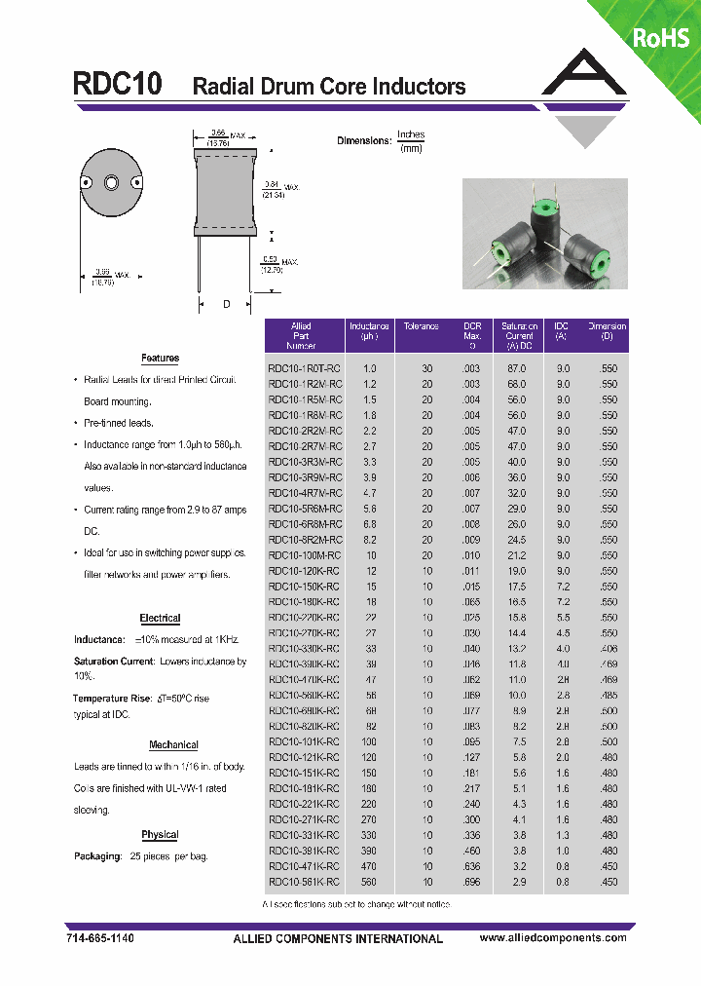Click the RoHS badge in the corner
pyautogui.click(x=661, y=38)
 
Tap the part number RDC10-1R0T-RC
pyautogui.click(x=304, y=368)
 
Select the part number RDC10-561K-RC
pyautogui.click(x=304, y=883)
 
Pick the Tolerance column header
pyautogui.click(x=422, y=326)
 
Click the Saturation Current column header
pyautogui.click(x=520, y=335)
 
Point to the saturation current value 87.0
pyautogui.click(x=516, y=368)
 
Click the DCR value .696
pyautogui.click(x=472, y=883)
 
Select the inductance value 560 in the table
pyautogui.click(x=369, y=883)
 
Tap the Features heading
pyautogui.click(x=160, y=358)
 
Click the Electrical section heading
pyautogui.click(x=160, y=618)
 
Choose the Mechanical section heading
pyautogui.click(x=174, y=744)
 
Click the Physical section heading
pyautogui.click(x=160, y=834)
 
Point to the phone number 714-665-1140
pyautogui.click(x=100, y=937)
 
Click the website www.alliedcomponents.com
pyautogui.click(x=553, y=937)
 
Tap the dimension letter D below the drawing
pyautogui.click(x=226, y=304)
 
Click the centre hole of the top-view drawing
pyautogui.click(x=111, y=183)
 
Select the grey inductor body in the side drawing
pyautogui.click(x=226, y=193)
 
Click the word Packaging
pyautogui.click(x=97, y=855)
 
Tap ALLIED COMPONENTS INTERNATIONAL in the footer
pyautogui.click(x=338, y=938)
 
